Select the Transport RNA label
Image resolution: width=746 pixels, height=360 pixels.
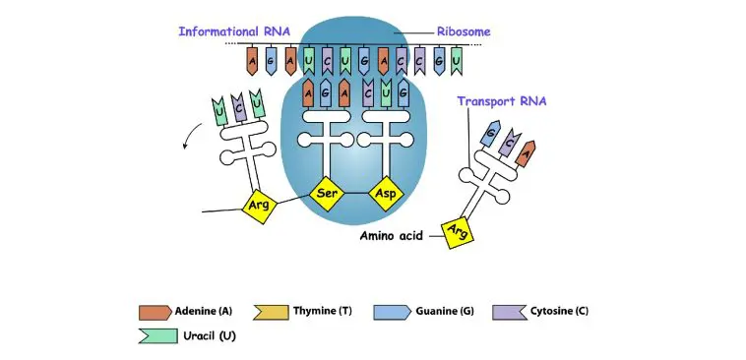coord(500,101)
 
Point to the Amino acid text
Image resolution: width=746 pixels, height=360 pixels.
coord(391,237)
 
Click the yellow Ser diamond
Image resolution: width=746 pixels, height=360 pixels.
coord(327,194)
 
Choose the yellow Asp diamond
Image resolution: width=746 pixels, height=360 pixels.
coord(384,194)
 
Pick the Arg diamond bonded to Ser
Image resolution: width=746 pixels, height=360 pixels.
coord(259,206)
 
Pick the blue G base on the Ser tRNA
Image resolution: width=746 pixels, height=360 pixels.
coord(327,93)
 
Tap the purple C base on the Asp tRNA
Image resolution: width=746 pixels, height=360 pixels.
coord(367,93)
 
